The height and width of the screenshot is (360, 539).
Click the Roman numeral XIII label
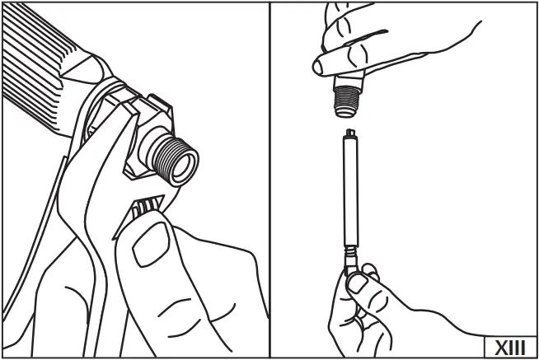509,346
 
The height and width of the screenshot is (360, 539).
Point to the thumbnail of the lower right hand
358,284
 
